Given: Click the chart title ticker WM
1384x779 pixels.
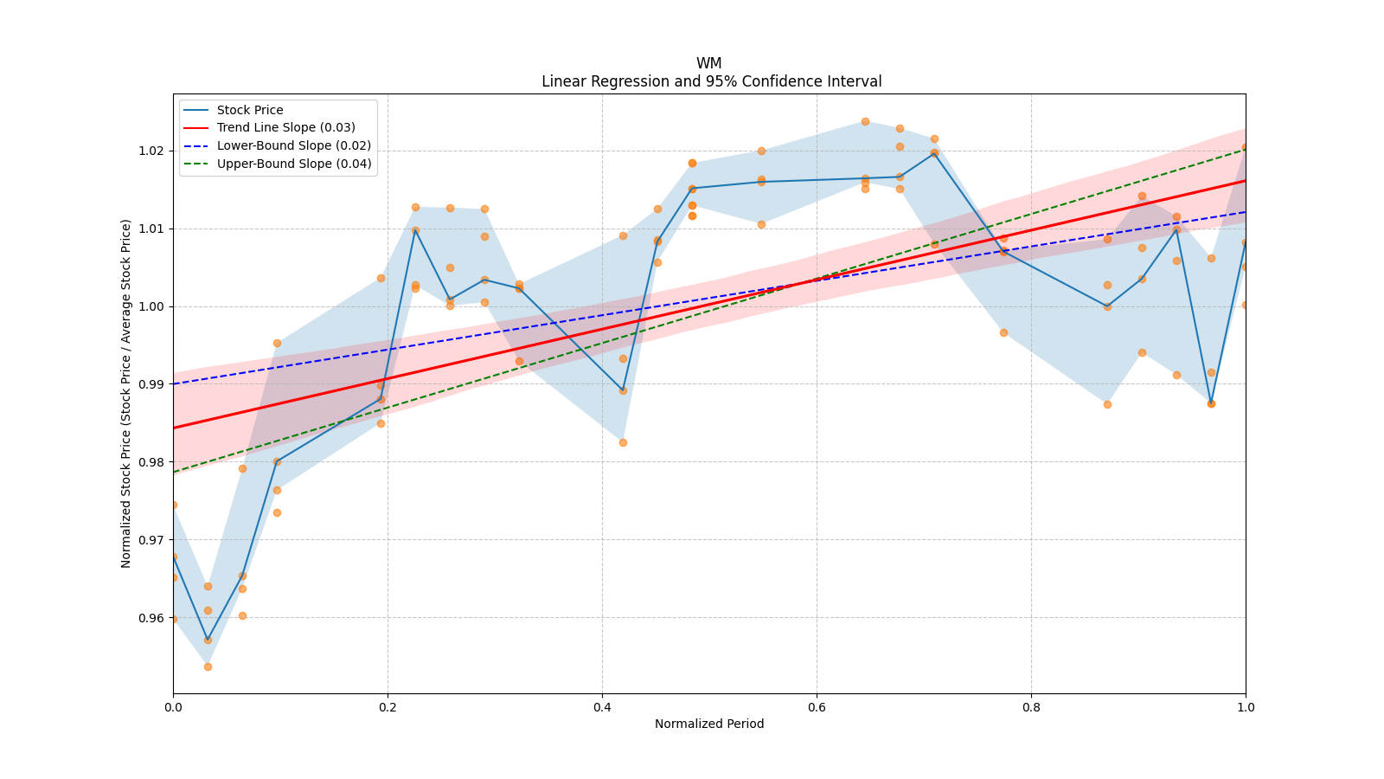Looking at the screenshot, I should pos(708,63).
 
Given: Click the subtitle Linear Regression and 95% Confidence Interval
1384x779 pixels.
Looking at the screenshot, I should pos(711,81).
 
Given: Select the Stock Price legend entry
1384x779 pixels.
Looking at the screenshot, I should pos(250,110).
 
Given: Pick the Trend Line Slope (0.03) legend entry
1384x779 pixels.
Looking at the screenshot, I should pos(285,128).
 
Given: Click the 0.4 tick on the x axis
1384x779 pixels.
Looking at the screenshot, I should pos(602,707).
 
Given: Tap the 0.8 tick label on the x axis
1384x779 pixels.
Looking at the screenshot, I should pos(1031,707).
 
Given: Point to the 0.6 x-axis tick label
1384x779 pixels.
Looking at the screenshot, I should pos(817,707).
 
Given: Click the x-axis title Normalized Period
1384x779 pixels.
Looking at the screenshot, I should pos(709,724).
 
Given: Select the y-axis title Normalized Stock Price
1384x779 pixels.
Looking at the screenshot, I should pos(126,394).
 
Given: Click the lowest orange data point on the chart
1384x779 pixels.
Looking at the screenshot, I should pos(208,666).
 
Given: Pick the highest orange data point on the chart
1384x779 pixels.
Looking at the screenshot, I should pos(865,121).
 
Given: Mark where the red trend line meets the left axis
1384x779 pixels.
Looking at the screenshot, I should pos(173,428).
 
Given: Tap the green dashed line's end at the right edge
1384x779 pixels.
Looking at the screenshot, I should pos(1246,148).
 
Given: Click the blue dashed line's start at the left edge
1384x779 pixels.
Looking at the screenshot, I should pos(173,384).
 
